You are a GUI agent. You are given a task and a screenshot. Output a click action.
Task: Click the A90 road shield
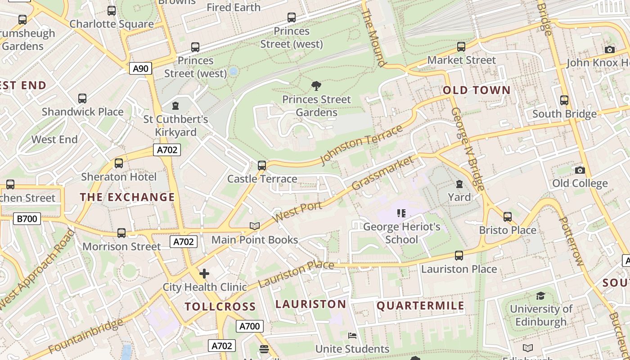141,68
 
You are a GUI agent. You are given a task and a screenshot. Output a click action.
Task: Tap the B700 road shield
27,219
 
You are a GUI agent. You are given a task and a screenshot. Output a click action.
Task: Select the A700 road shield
249,326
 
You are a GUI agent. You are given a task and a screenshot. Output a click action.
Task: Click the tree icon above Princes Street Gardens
316,85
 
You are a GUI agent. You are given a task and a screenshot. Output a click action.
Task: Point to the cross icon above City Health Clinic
204,273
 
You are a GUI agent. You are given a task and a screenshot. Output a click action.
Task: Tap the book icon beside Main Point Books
255,226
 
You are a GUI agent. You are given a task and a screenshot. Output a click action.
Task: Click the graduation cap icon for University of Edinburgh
540,296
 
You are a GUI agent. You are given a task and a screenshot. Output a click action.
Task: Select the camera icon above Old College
580,170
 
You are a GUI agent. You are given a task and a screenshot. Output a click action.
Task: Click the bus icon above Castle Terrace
262,165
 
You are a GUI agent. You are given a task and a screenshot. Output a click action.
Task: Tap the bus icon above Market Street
461,46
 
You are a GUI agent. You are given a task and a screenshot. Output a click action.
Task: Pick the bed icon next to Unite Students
352,336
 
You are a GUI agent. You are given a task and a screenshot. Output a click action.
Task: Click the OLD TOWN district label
477,90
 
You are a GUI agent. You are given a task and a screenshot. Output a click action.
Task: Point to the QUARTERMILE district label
420,306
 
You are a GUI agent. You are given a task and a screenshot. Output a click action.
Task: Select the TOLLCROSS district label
220,306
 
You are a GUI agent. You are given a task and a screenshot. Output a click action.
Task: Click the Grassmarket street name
382,173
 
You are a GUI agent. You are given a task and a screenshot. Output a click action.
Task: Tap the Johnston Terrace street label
361,145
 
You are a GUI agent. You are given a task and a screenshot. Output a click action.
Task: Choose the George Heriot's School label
401,233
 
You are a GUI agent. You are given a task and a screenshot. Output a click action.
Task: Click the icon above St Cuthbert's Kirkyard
175,106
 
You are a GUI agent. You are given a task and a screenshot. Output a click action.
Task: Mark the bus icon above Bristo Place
508,216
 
